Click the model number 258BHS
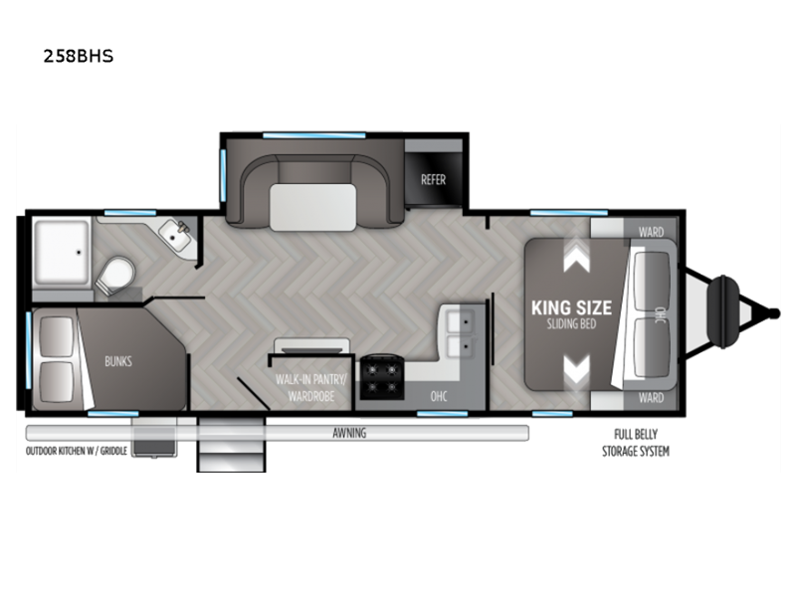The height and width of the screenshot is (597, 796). coord(79,56)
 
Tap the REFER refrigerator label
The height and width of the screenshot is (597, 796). coord(433,180)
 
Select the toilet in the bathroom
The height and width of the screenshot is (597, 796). coord(115,276)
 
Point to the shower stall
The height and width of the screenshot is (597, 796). coord(61,252)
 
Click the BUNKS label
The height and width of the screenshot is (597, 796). coord(118,361)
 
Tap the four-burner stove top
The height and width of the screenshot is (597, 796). coord(382,377)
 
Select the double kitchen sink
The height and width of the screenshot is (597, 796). coord(461,332)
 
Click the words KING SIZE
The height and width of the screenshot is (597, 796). coord(571,307)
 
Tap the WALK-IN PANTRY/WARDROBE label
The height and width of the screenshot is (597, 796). coord(310,387)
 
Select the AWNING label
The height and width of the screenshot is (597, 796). coord(349,433)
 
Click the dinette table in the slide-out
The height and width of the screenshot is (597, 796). coord(313,207)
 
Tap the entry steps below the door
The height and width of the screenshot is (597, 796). coord(231,445)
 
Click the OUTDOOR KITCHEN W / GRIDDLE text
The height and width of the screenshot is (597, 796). coord(77,451)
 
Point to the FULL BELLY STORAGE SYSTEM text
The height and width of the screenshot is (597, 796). coord(636,443)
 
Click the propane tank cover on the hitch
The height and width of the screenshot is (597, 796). coord(723,311)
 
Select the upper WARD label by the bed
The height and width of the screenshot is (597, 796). coord(651,232)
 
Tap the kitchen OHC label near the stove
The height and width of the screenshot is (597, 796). coord(439,396)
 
